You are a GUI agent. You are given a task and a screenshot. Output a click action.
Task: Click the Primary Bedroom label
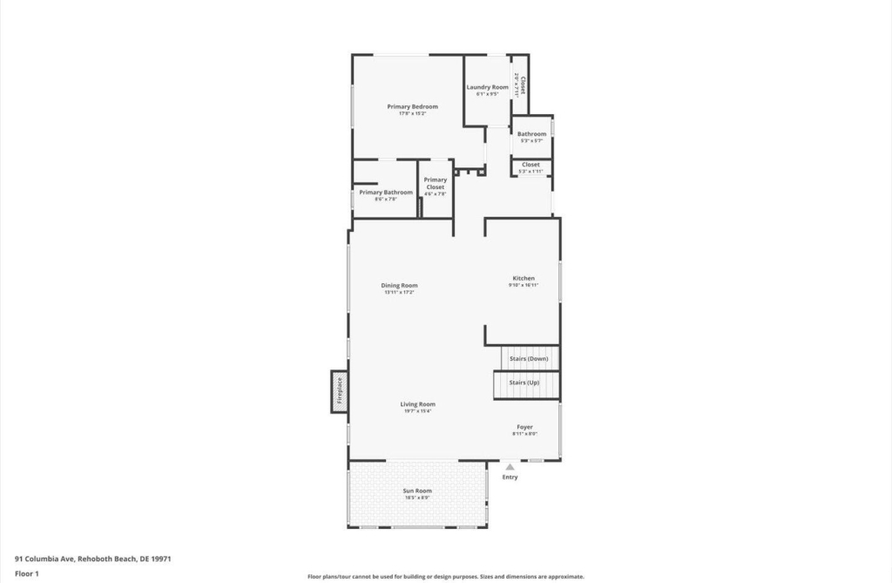pyautogui.click(x=412, y=106)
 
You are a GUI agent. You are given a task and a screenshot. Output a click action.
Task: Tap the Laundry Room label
pyautogui.click(x=487, y=87)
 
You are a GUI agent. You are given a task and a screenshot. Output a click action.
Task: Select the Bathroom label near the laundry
pyautogui.click(x=531, y=134)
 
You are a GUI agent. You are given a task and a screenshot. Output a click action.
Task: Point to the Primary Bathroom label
pyautogui.click(x=385, y=192)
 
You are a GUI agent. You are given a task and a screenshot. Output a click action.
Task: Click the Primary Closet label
pyautogui.click(x=435, y=183)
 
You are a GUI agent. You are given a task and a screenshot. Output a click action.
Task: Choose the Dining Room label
pyautogui.click(x=399, y=285)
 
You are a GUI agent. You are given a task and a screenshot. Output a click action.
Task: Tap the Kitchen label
pyautogui.click(x=524, y=278)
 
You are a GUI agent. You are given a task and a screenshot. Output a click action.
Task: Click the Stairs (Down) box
pyautogui.click(x=529, y=358)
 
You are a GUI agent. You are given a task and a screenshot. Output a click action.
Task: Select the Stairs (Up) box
pyautogui.click(x=524, y=383)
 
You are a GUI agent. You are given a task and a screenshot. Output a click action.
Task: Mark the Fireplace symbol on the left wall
pyautogui.click(x=339, y=391)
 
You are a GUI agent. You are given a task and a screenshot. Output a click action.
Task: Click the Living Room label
pyautogui.click(x=417, y=404)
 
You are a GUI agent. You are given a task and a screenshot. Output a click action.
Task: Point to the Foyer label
pyautogui.click(x=524, y=427)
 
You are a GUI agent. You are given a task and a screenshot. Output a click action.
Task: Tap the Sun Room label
pyautogui.click(x=417, y=491)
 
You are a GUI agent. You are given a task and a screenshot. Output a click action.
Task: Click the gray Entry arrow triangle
pyautogui.click(x=510, y=467)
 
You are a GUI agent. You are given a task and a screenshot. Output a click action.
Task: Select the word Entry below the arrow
pyautogui.click(x=510, y=477)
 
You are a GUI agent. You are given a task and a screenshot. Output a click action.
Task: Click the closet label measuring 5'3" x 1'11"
pyautogui.click(x=530, y=165)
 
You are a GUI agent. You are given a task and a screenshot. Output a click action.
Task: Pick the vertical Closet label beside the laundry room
pyautogui.click(x=520, y=85)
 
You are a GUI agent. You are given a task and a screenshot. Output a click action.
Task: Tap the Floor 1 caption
pyautogui.click(x=27, y=574)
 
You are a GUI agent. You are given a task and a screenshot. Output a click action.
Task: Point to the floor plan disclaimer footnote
pyautogui.click(x=445, y=576)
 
